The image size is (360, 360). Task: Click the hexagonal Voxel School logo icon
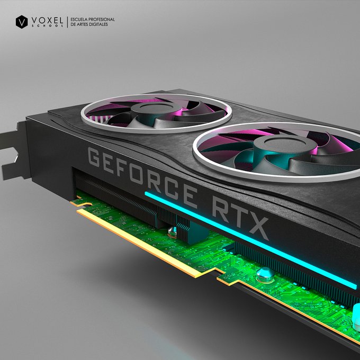(x=22, y=22)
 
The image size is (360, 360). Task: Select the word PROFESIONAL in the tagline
(x=102, y=20)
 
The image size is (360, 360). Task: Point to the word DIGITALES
(x=98, y=24)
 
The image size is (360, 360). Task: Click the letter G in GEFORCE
(x=94, y=157)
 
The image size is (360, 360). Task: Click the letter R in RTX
(x=221, y=210)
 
